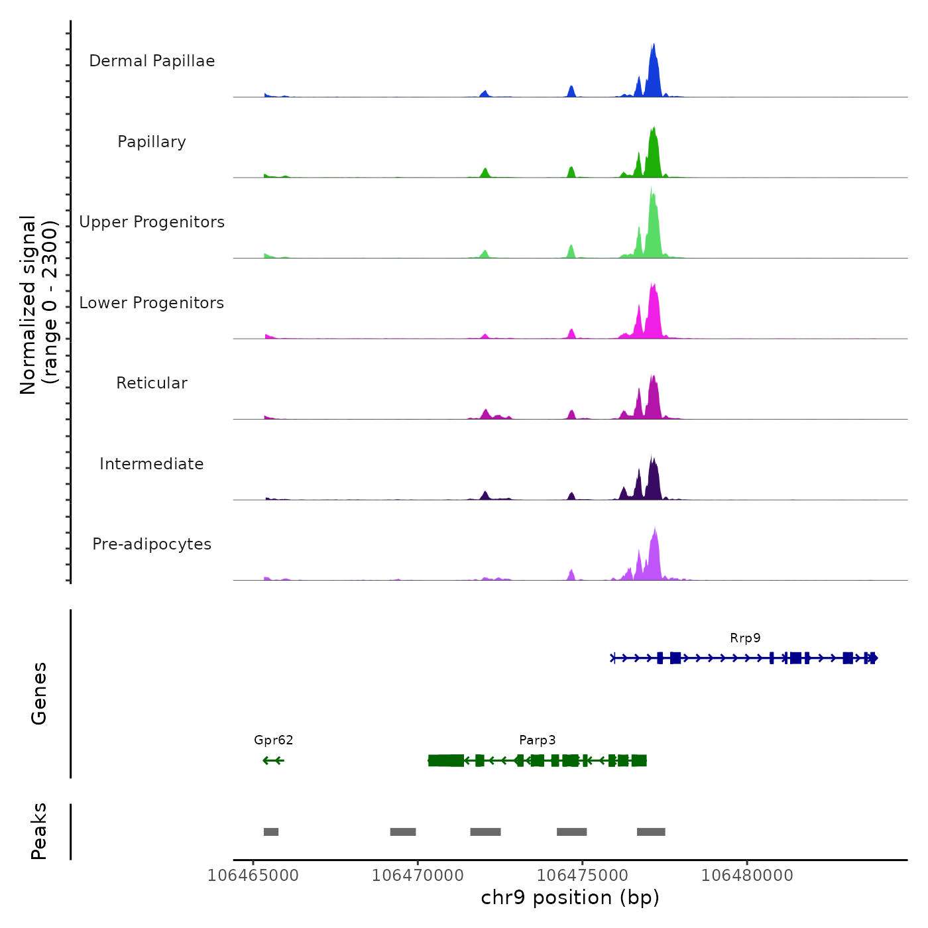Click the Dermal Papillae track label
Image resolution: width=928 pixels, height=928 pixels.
152,61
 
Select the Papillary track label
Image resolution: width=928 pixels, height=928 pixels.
152,142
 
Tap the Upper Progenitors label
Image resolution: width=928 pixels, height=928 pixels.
152,222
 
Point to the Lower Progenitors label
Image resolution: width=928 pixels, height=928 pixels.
152,303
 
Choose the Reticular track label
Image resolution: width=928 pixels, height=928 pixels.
152,383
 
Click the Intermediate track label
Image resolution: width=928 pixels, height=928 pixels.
152,464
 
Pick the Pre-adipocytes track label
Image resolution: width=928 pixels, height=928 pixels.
152,544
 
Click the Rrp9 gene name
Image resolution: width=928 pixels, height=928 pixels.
745,638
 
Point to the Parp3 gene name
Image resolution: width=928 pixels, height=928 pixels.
537,740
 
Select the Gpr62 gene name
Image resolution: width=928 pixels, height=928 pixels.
273,740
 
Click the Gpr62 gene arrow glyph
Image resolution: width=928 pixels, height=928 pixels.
273,760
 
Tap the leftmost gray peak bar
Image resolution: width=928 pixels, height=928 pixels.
270,832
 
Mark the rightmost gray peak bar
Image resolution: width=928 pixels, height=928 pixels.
651,832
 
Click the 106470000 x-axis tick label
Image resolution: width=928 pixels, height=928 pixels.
418,876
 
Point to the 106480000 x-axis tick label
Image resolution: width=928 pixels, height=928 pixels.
747,876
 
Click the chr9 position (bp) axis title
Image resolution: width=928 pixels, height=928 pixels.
570,898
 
